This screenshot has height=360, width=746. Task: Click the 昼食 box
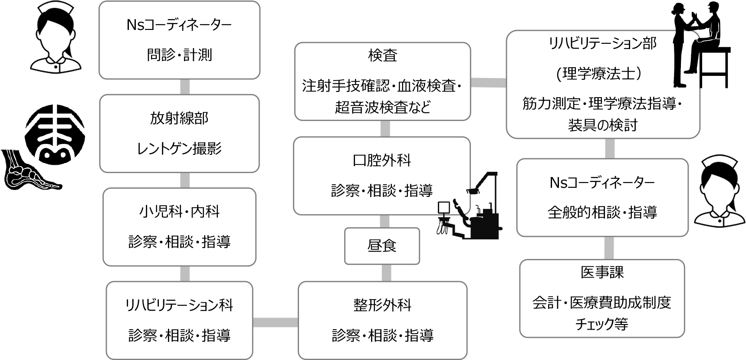(382, 246)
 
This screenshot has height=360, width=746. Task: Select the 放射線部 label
(179, 118)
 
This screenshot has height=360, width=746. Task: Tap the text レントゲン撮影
(179, 149)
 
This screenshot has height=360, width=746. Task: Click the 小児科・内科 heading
(179, 212)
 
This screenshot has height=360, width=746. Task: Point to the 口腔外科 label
(382, 160)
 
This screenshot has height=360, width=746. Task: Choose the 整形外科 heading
(382, 305)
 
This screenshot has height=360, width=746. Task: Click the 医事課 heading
(602, 272)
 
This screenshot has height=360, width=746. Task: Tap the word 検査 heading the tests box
(382, 56)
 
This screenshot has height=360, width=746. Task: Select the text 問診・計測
(179, 55)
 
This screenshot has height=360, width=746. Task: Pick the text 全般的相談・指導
(602, 213)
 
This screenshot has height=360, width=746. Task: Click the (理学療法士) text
(602, 74)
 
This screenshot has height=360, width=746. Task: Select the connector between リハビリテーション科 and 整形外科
(275, 322)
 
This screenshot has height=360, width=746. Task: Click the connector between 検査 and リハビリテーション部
(488, 82)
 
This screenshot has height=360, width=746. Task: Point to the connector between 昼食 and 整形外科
(386, 273)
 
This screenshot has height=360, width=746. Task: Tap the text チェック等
(602, 324)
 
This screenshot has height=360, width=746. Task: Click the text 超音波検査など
(382, 107)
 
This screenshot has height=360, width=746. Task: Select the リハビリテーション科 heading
(179, 305)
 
